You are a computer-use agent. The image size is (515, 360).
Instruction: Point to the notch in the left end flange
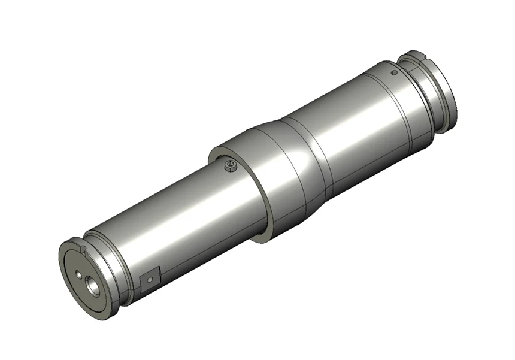[83, 249]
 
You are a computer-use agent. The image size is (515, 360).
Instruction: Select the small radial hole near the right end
[393, 73]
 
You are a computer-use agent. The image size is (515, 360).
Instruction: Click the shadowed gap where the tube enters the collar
[257, 228]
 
